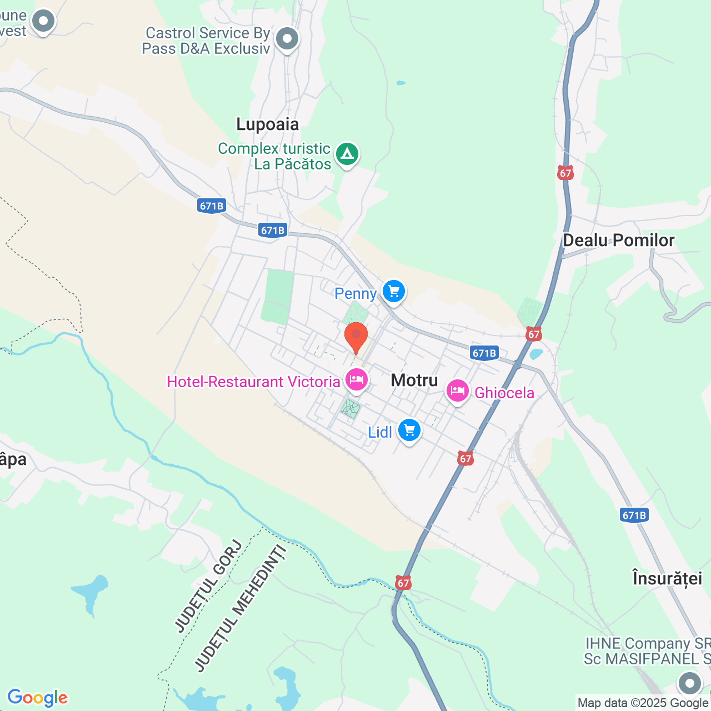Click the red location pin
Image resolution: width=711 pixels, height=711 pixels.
point(356,336)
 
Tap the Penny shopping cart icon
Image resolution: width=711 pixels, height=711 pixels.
point(394,291)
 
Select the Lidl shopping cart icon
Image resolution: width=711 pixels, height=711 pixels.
point(409,430)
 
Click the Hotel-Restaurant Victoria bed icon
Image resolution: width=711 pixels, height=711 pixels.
point(356,380)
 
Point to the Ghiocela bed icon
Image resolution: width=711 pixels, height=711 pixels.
point(457,391)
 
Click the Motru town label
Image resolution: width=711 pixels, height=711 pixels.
point(414,380)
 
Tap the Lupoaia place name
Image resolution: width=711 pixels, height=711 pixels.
point(268,124)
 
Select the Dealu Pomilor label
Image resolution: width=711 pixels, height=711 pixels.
point(619,240)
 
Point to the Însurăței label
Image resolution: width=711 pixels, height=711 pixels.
point(667,578)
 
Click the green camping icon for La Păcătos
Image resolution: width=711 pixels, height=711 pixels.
point(348,154)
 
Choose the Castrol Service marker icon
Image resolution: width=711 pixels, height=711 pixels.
point(287,39)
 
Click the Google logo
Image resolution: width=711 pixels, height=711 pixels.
point(38,698)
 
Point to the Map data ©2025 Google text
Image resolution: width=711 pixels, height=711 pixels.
point(643,703)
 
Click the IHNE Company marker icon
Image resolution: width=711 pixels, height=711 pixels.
point(690,683)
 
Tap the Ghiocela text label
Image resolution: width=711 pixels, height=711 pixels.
point(504,393)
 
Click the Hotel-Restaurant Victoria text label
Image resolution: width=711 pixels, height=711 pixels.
point(253,382)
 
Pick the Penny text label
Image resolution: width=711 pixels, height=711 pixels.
point(355,293)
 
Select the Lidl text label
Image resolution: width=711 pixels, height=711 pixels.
point(380,432)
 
